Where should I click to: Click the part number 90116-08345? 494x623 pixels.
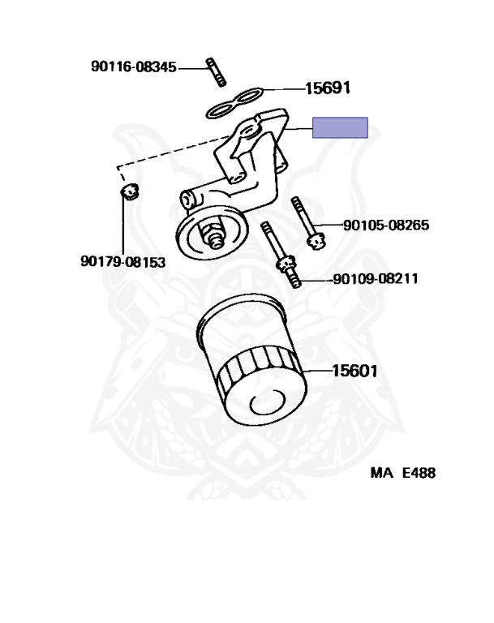(134, 67)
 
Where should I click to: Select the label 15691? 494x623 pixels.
(328, 88)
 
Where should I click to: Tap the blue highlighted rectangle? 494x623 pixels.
(340, 127)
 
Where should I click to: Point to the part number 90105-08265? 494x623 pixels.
(386, 226)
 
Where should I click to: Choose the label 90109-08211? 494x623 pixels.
(376, 278)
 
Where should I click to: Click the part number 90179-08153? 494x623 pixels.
(122, 262)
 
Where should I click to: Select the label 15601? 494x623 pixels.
(354, 371)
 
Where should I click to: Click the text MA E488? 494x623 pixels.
(403, 473)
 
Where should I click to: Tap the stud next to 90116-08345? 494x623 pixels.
(217, 72)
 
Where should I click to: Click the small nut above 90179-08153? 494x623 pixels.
(129, 191)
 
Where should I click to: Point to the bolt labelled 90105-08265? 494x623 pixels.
(308, 223)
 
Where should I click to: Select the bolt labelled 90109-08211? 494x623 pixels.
(281, 255)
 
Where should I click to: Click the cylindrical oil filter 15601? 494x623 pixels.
(252, 359)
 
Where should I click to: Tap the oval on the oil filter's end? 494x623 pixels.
(268, 402)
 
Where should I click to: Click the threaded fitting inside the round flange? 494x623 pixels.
(213, 234)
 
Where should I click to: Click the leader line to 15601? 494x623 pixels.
(317, 371)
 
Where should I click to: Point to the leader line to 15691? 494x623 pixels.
(283, 89)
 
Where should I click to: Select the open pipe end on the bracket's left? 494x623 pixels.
(186, 199)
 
